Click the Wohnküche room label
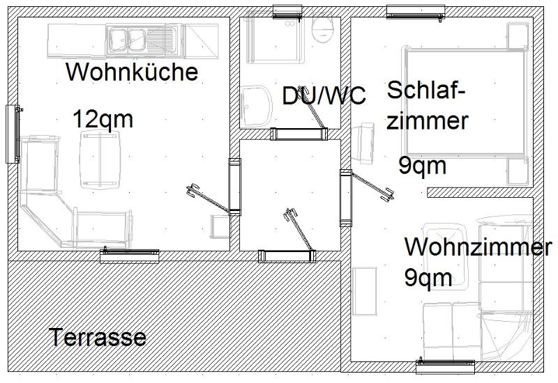(132, 72)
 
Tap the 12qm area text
(103, 119)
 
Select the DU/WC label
(324, 96)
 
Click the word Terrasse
(98, 338)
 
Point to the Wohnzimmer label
(478, 247)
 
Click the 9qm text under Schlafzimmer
(423, 166)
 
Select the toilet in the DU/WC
(322, 28)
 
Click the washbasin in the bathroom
(257, 107)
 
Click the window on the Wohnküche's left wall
(13, 134)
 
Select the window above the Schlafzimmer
(416, 11)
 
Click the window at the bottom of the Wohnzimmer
(445, 366)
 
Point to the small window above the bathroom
(287, 10)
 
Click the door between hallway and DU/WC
(299, 134)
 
